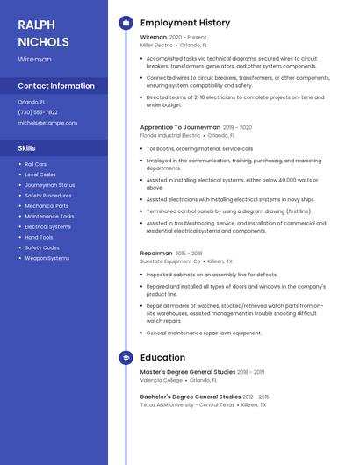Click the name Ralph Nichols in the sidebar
coord(43,32)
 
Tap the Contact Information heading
coord(56,86)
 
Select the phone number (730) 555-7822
coord(38,112)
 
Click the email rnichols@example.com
coord(47,123)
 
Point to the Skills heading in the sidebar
coord(27,148)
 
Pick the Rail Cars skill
coord(36,164)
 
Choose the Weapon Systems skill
coord(47,258)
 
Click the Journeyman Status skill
coord(49,185)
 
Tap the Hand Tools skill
coord(39,237)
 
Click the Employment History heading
coord(185,23)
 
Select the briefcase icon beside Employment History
coord(126,23)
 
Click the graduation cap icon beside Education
coord(126,358)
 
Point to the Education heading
coord(162,358)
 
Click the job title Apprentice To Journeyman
coord(180,127)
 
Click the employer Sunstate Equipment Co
coord(170,261)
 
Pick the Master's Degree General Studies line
coord(187,372)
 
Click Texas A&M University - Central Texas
coord(187,404)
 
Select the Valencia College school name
coord(162,380)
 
